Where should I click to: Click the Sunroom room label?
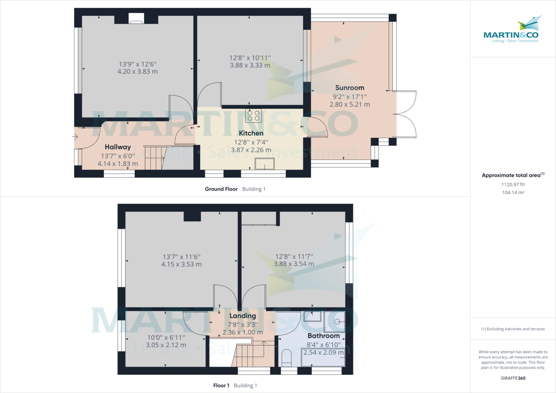[x=349, y=88]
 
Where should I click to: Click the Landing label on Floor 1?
[x=242, y=316]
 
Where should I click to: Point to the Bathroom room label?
[x=324, y=336]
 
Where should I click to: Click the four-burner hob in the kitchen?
[x=253, y=115]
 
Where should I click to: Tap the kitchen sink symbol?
[x=265, y=164]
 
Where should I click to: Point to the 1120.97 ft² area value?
[x=513, y=184]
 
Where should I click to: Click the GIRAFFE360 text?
[x=513, y=378]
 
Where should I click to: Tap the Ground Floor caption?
[x=221, y=189]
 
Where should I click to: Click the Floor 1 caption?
[x=221, y=386]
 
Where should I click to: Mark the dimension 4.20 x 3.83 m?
[x=138, y=72]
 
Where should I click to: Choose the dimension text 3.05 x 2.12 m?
[x=166, y=345]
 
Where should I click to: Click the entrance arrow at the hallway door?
[x=75, y=137]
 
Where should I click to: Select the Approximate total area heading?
[x=513, y=175]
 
